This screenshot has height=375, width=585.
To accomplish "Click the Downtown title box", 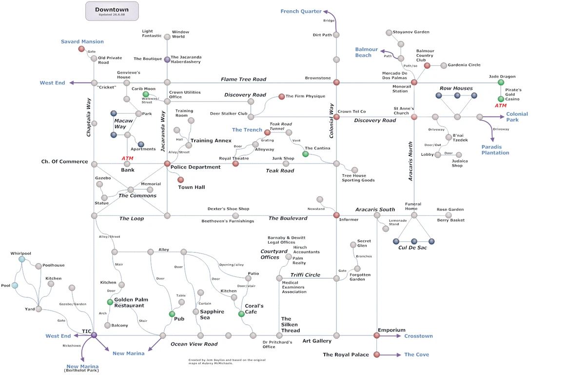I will (x=112, y=11).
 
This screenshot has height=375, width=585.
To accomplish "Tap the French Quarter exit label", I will (x=301, y=11).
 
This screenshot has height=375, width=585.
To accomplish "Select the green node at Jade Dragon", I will (x=501, y=83).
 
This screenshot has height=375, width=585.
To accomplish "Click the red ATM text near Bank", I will (x=127, y=158).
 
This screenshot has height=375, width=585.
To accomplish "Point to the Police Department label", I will (x=195, y=167).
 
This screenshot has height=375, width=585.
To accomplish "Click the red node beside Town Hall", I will (x=180, y=180).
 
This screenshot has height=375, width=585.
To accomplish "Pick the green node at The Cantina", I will (x=306, y=154).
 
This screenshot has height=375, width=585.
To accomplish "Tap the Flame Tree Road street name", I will (x=243, y=79).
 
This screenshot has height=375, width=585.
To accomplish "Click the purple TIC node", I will (x=94, y=335).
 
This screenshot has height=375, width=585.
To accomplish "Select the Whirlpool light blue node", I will (x=22, y=259).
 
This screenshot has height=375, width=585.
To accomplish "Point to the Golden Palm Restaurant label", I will (x=131, y=302).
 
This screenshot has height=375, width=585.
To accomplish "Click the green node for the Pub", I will (x=172, y=313).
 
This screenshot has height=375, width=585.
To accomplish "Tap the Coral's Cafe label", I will (x=253, y=309).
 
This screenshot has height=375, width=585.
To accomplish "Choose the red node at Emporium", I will (x=376, y=335).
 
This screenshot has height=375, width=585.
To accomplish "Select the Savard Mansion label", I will (x=82, y=42).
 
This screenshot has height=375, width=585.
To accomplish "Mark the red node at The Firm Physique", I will (x=281, y=97).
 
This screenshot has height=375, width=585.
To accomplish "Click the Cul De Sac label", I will (x=412, y=248).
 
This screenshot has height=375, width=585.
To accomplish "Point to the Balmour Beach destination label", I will (x=366, y=52).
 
